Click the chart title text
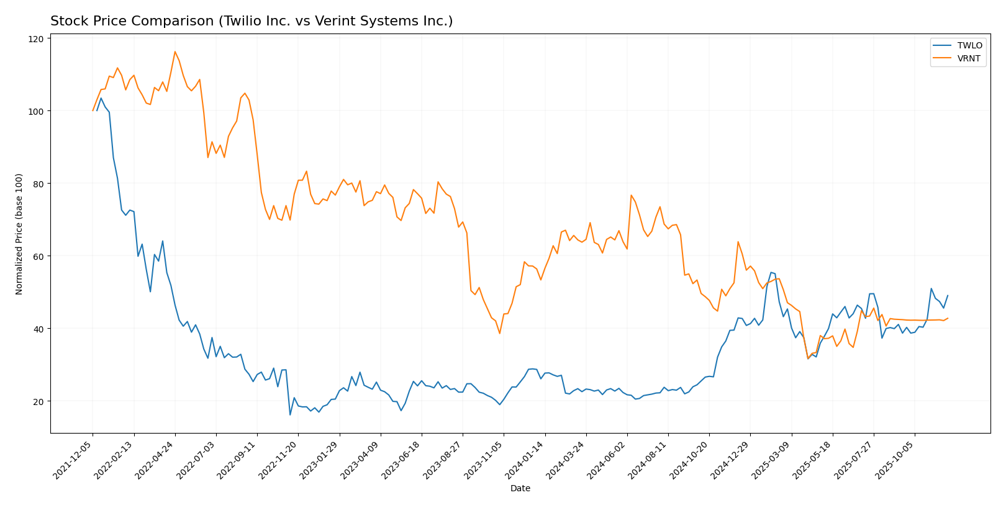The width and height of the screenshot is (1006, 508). (x=251, y=21)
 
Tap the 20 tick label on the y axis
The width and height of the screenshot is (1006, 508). (x=39, y=401)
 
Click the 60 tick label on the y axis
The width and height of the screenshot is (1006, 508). (x=39, y=256)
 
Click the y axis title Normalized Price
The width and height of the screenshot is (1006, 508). (x=19, y=234)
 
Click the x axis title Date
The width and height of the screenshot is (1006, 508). (x=520, y=488)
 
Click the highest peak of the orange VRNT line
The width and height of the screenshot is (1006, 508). (x=175, y=51)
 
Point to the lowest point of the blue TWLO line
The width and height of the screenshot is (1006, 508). (x=290, y=414)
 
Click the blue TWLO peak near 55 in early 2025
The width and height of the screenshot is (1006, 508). (x=771, y=272)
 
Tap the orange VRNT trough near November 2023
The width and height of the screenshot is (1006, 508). (x=499, y=333)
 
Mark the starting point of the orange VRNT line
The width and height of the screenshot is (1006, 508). (x=93, y=110)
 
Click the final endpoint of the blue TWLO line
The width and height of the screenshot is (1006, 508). (x=948, y=295)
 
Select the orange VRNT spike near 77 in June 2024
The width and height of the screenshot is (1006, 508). (x=631, y=195)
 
